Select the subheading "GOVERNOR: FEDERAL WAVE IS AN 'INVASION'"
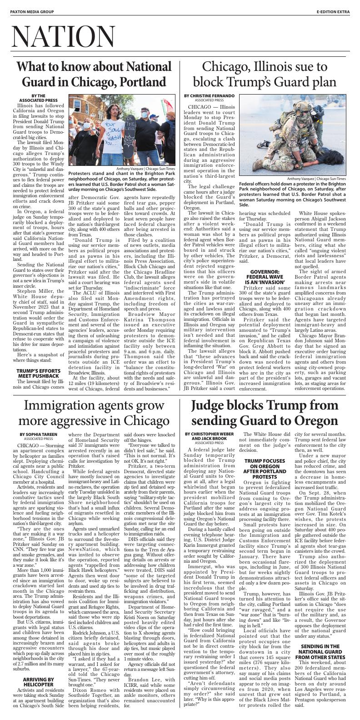(265, 275)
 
